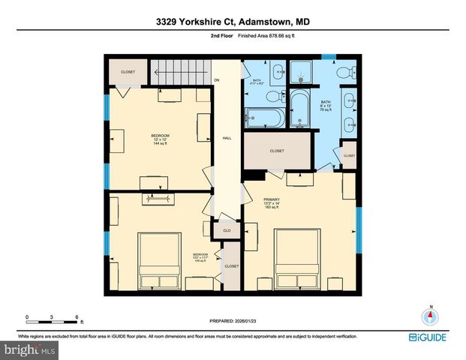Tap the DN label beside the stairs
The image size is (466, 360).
(x=217, y=79)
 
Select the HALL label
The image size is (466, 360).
(x=227, y=138)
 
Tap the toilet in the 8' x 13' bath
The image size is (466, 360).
(x=346, y=72)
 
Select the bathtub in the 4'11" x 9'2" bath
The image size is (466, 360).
(x=265, y=118)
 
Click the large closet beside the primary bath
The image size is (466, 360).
(x=276, y=151)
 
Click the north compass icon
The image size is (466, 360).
(x=430, y=317)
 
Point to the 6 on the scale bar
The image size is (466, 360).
(x=77, y=317)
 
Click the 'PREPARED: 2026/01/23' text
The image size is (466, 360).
(x=233, y=320)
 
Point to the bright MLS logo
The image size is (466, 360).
(x=29, y=350)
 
